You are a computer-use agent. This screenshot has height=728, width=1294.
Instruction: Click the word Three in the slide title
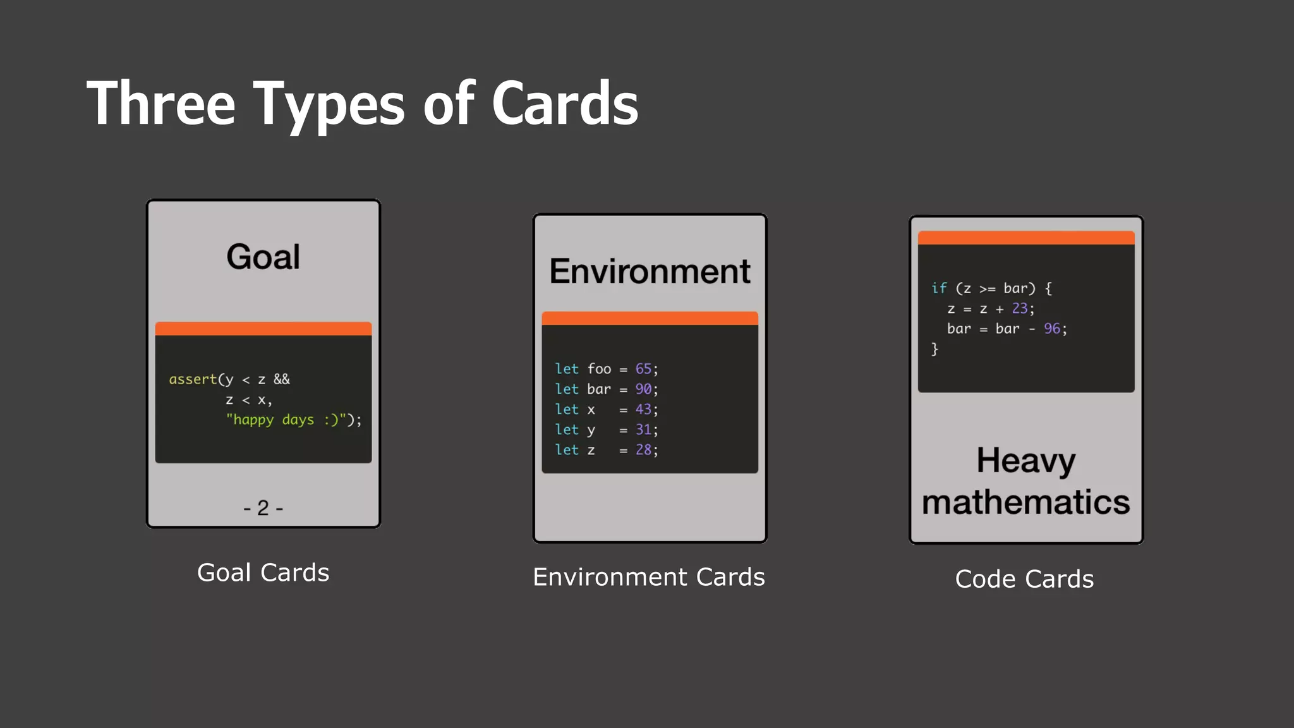coord(160,104)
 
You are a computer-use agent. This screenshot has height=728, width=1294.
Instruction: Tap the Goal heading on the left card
coord(263,257)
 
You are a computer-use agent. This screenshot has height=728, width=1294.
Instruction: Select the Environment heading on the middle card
coord(650,272)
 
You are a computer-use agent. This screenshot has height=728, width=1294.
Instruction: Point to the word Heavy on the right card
coord(1025,461)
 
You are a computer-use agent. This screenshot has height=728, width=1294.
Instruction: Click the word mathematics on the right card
coord(1025,502)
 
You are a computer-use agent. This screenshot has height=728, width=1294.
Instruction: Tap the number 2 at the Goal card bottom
coord(263,508)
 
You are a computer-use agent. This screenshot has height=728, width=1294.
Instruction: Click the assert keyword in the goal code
coord(193,379)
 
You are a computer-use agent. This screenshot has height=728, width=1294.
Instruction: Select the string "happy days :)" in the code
coord(288,420)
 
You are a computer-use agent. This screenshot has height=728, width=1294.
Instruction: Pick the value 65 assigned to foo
coord(643,369)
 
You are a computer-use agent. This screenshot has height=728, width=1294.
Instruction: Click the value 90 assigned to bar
coord(643,389)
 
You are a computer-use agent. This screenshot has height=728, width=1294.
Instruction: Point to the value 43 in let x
coord(643,409)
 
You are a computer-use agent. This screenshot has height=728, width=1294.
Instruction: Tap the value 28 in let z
coord(643,450)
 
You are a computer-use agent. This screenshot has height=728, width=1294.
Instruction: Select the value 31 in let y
coord(643,430)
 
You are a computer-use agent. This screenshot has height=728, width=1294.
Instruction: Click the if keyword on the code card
coord(939,288)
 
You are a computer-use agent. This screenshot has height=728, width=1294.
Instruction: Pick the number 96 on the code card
coord(1051,329)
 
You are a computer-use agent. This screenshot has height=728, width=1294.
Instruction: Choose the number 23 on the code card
coord(1019,308)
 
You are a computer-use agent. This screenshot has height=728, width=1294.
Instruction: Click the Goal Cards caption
coord(263,573)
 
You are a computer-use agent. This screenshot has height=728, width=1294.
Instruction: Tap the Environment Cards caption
coord(649,577)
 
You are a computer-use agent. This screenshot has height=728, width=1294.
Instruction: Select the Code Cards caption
coord(1024,579)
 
